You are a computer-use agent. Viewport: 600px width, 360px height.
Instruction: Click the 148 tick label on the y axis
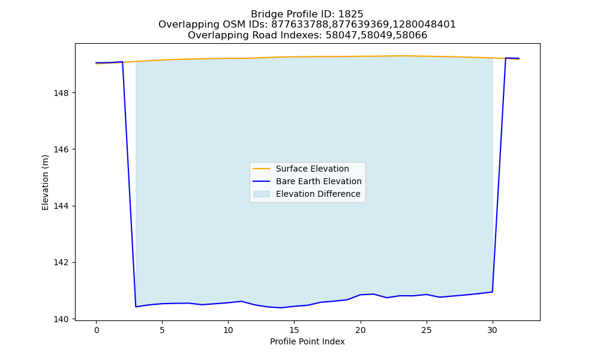(61, 93)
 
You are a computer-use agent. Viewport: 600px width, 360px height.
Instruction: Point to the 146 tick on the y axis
(61, 149)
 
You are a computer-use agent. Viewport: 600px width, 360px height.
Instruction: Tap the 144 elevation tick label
(61, 206)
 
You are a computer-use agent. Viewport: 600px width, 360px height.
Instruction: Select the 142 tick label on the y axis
(61, 262)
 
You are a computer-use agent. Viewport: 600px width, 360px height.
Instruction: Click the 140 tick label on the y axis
(61, 319)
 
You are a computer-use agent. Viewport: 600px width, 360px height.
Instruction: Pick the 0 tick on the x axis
(97, 330)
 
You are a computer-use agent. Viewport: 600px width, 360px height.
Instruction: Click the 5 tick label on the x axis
(162, 330)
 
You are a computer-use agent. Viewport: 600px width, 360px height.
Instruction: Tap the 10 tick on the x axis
(228, 330)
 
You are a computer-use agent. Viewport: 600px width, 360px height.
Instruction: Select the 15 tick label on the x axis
(294, 330)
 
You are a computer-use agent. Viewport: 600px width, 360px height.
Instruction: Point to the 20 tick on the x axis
(361, 330)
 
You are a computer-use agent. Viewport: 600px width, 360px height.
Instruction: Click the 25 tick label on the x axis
(426, 330)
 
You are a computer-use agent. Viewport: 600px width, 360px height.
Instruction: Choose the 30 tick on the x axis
(493, 330)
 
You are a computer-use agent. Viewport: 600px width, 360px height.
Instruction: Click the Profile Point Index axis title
(307, 341)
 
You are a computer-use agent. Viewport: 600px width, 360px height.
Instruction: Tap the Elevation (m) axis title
(45, 182)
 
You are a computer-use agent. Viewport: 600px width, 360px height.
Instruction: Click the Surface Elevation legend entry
(312, 169)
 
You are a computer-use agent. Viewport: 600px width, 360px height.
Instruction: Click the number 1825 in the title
(351, 14)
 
